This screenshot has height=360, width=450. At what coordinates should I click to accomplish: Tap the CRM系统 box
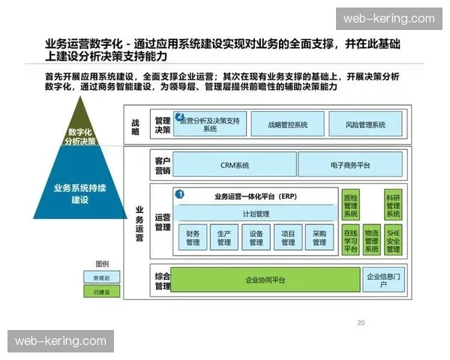[x=234, y=164]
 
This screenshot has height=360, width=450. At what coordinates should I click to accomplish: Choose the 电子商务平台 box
[x=349, y=164]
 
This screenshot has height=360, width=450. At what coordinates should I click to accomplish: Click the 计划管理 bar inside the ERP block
[x=255, y=214]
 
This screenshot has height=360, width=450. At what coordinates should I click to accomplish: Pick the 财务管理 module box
[x=193, y=238]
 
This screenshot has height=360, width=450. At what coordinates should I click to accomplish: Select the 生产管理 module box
[x=223, y=238]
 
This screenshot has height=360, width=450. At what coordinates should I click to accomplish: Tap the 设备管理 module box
[x=256, y=238]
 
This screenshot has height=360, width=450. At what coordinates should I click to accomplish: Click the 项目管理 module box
[x=288, y=238]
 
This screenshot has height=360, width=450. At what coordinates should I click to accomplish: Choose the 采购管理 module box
[x=319, y=238]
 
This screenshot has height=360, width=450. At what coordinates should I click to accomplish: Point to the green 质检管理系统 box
[x=351, y=204]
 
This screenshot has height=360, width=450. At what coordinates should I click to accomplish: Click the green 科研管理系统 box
[x=392, y=204]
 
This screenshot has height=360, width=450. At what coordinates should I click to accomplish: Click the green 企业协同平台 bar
[x=265, y=280]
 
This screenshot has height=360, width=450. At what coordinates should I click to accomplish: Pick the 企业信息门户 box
[x=382, y=280]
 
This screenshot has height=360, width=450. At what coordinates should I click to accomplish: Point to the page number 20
[x=361, y=323]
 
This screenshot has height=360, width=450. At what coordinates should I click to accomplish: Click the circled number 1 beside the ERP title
[x=180, y=193]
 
